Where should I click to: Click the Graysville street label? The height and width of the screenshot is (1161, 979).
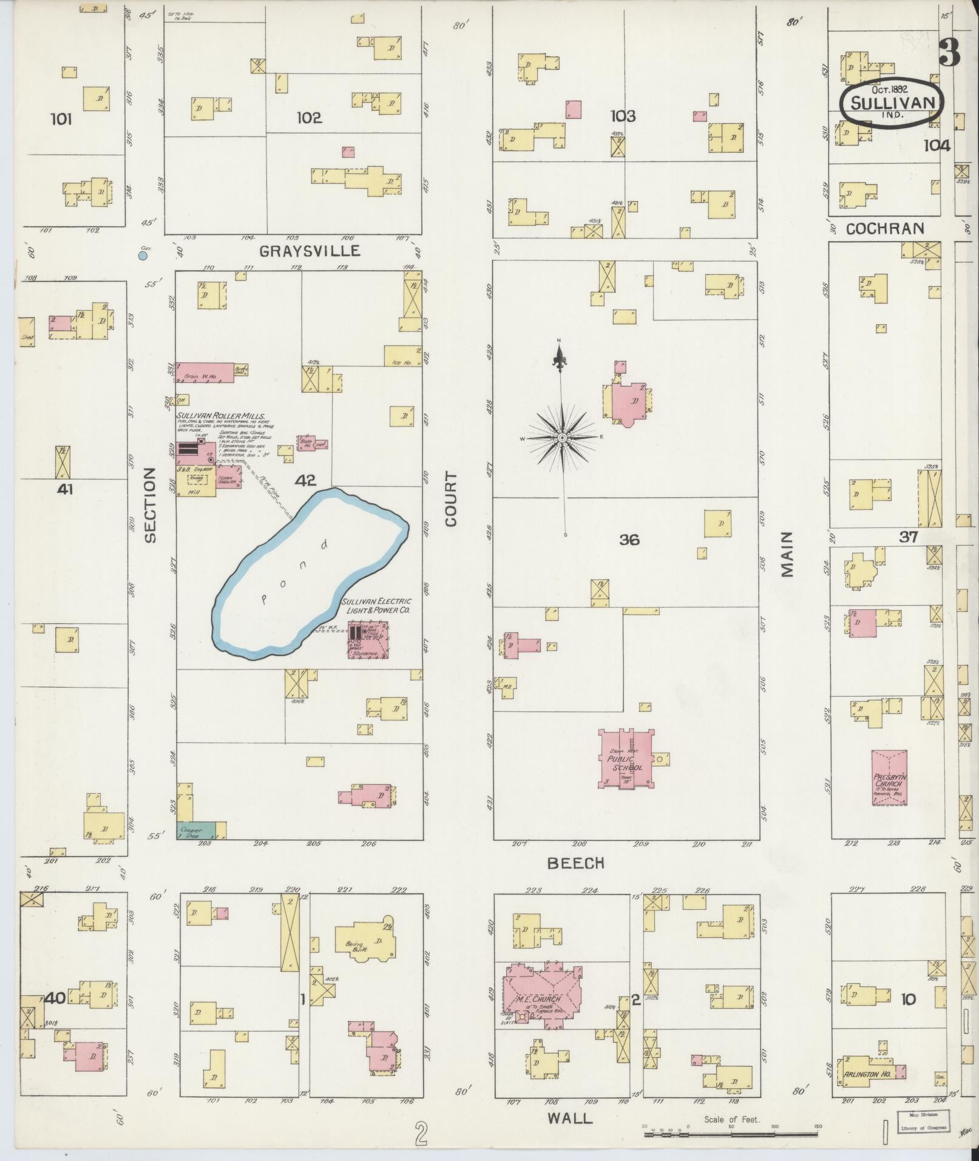pyautogui.click(x=309, y=251)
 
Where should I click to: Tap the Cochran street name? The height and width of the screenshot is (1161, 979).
pyautogui.click(x=885, y=228)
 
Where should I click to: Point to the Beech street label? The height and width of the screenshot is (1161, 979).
pyautogui.click(x=576, y=862)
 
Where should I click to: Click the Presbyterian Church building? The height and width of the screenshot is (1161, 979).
pyautogui.click(x=889, y=778)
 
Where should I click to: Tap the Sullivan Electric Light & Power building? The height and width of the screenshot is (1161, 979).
pyautogui.click(x=367, y=640)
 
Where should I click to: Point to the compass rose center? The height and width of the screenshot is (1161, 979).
pyautogui.click(x=562, y=437)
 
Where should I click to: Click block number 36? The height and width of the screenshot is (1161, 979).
pyautogui.click(x=629, y=539)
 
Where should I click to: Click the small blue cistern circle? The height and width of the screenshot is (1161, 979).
pyautogui.click(x=143, y=256)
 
